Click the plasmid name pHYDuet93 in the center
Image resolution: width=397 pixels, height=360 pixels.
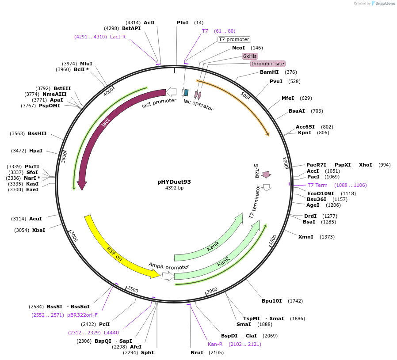pos(174,182)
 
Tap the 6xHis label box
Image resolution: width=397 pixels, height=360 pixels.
pos(250,56)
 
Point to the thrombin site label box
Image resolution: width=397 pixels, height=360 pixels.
pos(267,64)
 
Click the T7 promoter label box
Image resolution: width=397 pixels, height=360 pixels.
pos(234,39)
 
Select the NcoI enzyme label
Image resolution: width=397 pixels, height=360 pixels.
pos(238,48)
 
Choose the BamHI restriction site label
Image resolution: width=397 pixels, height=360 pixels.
pos(269,72)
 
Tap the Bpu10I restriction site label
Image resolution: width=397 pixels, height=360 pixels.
pos(271,301)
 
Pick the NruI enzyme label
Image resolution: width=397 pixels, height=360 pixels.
pos(197,352)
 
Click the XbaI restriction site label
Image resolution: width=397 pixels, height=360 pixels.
pos(38,230)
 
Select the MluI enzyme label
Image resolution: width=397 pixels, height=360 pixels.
pos(86,64)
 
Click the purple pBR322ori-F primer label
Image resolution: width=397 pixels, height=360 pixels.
pos(82,315)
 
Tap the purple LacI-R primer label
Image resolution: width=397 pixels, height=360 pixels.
pos(118,37)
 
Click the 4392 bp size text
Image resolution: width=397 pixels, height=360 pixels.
pos(174,188)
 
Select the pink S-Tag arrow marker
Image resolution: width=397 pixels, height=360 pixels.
pos(266,174)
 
